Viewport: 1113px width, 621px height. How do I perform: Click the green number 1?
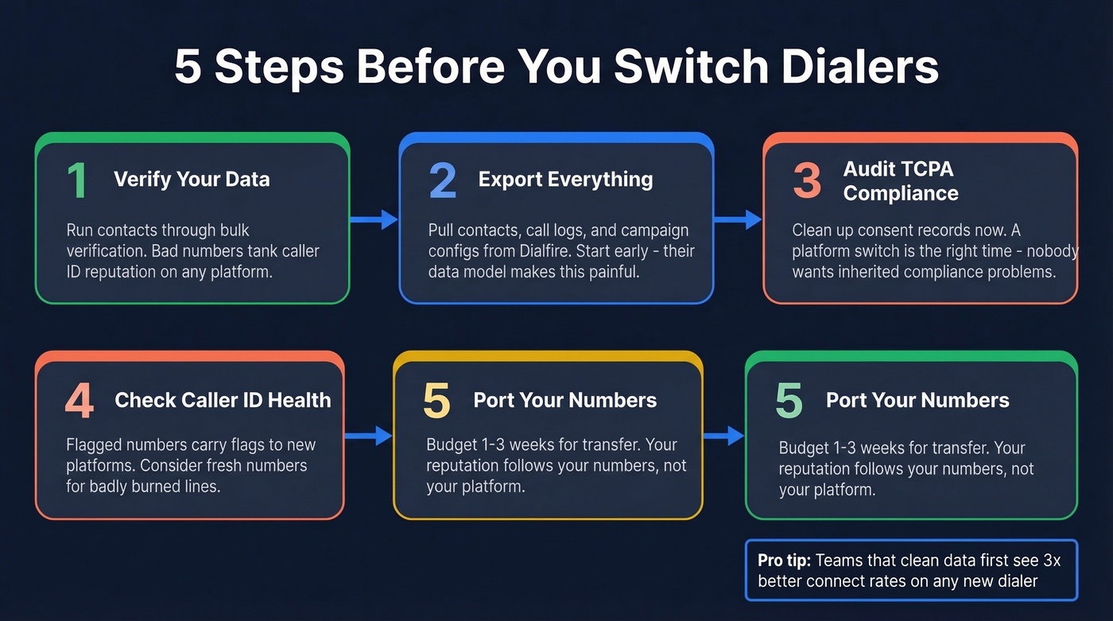click(x=77, y=180)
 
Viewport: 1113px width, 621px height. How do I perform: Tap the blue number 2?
click(x=443, y=180)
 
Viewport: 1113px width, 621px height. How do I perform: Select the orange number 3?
click(x=807, y=180)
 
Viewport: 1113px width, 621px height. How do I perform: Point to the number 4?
click(x=79, y=402)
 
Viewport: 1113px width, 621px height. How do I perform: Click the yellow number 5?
click(x=436, y=401)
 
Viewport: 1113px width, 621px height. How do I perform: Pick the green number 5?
click(x=789, y=401)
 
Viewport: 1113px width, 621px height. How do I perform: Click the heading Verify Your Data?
click(x=192, y=180)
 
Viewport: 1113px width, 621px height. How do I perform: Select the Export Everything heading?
click(x=565, y=180)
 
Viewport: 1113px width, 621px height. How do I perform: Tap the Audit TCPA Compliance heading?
click(x=900, y=181)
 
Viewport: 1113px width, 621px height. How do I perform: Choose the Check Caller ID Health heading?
click(x=223, y=400)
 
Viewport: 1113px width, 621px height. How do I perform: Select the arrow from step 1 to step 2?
click(x=374, y=219)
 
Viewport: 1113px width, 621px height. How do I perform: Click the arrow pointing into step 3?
click(x=739, y=219)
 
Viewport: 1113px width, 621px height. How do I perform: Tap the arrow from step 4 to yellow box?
click(x=369, y=435)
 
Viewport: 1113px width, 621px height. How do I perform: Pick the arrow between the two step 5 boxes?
click(x=723, y=435)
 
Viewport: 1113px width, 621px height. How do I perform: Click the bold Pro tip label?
click(x=783, y=561)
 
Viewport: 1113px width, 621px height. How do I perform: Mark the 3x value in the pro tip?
click(x=1051, y=561)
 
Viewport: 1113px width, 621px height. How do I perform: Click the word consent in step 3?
click(x=872, y=231)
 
